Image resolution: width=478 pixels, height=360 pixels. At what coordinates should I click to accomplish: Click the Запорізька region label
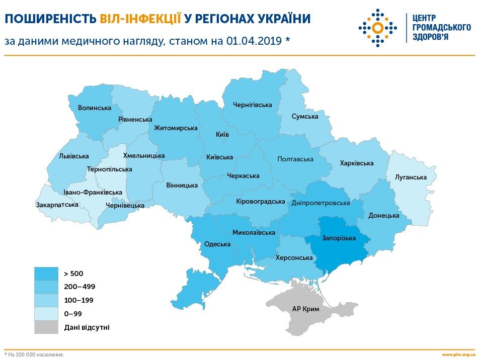[339, 238]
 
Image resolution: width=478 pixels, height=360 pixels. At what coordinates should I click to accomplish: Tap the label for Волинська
[94, 108]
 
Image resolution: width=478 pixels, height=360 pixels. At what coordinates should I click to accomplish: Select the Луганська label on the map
[411, 177]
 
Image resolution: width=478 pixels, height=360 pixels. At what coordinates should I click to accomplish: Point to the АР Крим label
[305, 309]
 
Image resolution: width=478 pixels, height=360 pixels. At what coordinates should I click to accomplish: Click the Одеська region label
[217, 244]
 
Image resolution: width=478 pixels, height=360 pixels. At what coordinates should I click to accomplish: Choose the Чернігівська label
[252, 105]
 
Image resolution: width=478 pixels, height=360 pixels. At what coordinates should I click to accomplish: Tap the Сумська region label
[305, 116]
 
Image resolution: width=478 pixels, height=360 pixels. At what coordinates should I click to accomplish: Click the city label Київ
[222, 135]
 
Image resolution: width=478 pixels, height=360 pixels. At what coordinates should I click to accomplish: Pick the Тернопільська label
[109, 169]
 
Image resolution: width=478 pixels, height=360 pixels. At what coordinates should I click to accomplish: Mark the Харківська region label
[356, 163]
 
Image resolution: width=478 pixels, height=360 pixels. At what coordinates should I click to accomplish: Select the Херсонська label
[294, 258]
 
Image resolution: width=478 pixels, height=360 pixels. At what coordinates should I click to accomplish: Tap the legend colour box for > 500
[46, 274]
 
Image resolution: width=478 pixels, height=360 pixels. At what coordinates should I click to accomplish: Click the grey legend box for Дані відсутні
[46, 327]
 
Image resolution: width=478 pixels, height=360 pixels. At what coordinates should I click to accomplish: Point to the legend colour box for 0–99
[46, 314]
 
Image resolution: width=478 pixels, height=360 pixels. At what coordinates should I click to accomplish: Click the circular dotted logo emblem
[378, 27]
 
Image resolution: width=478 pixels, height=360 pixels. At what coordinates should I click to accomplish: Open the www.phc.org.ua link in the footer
[458, 354]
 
